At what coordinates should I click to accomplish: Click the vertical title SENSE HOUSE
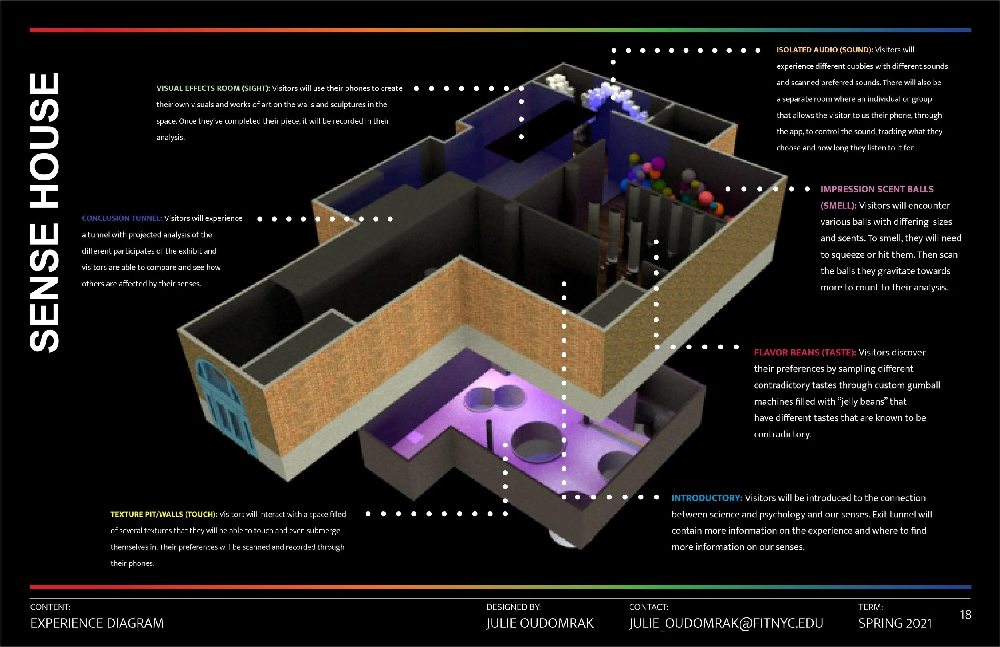tap(44, 212)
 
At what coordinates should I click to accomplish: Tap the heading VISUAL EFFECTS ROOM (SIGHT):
tap(213, 88)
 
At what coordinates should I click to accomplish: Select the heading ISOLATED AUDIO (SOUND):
tap(824, 50)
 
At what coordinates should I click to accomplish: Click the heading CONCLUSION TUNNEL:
tap(122, 218)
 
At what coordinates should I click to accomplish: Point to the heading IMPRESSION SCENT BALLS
tap(877, 190)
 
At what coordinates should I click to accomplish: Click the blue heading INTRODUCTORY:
tap(707, 498)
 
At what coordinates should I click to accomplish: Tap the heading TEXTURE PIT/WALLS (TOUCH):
tap(164, 515)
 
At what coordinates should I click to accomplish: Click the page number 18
tap(966, 615)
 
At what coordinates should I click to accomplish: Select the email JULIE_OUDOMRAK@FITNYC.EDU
tap(726, 623)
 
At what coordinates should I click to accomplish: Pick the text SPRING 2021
tap(895, 623)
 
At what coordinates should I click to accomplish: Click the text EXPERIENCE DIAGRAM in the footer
tap(97, 623)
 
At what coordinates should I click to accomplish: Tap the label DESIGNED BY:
tap(514, 607)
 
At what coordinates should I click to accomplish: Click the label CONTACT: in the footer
tap(648, 607)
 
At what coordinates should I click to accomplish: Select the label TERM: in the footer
tap(870, 607)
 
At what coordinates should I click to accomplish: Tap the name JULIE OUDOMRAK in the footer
tap(540, 623)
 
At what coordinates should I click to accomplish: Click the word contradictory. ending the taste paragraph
tap(782, 434)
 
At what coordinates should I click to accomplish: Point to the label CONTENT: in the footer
tap(50, 607)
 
